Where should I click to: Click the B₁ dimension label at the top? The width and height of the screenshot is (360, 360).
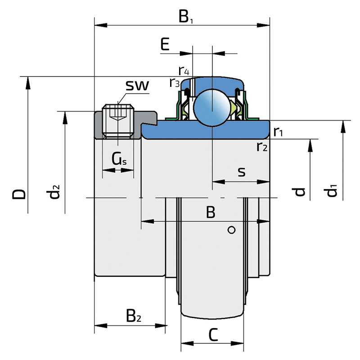coord(186,17)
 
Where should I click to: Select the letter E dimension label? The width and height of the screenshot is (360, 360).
coord(165,44)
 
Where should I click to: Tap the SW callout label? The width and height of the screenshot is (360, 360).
coord(137,85)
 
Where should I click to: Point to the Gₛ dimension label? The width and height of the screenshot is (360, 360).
coord(119,159)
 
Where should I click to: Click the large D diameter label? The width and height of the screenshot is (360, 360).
coord(19,194)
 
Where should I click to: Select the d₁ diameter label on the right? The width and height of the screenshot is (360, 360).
coord(330,189)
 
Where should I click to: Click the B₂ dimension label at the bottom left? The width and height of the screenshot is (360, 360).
coord(133,316)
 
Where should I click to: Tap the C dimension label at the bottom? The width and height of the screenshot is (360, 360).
coord(213,335)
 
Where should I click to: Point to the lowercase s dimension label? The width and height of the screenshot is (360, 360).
coord(242,172)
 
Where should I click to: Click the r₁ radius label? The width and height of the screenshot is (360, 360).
coord(278,131)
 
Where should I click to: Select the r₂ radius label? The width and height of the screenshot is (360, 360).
coord(262,147)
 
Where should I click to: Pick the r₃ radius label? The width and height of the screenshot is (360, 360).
coord(175,83)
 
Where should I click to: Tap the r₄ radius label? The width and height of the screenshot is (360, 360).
coord(184,71)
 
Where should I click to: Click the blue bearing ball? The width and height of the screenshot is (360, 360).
coord(212,108)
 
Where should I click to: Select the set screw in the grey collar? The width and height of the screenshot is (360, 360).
coord(118,121)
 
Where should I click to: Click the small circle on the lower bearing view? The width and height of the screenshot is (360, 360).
coord(231,230)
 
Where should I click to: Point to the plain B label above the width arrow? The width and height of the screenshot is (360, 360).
coord(211,212)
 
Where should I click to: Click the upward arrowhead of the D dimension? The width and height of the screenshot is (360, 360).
coord(28,83)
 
